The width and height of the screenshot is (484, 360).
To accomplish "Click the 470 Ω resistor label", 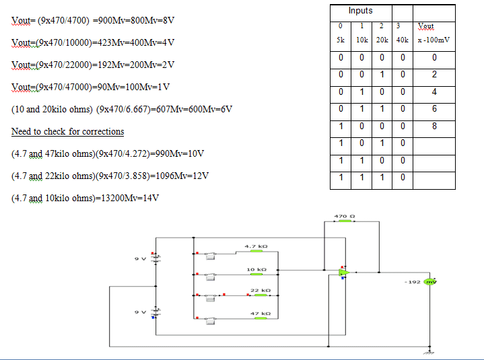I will point(341,215).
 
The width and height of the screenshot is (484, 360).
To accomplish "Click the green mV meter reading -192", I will point(429,282).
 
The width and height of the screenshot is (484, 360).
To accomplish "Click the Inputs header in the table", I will point(361,11).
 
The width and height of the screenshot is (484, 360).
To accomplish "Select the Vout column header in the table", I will point(425,26).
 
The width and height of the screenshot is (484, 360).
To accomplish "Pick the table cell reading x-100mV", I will point(434,40).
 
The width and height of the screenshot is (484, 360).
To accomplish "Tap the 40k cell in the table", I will point(402,40).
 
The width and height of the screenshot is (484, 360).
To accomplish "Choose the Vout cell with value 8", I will point(434,126).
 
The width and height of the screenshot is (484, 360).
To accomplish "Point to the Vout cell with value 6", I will point(434,108).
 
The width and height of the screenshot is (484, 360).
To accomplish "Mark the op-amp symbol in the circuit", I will point(343,273).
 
